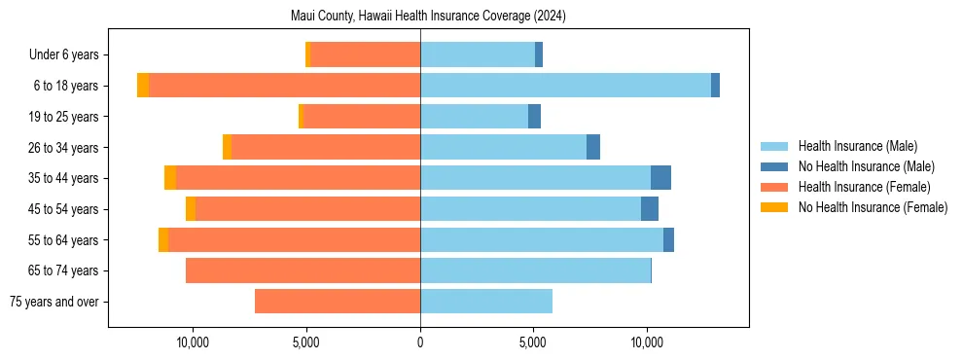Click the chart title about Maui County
(x=428, y=17)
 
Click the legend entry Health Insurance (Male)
(x=857, y=146)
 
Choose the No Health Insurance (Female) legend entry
(x=873, y=207)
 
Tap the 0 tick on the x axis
(x=420, y=342)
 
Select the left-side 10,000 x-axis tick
(x=193, y=342)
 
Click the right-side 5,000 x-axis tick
(x=533, y=342)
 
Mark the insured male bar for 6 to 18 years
(x=565, y=86)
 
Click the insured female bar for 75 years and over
(x=338, y=302)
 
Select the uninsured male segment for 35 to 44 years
(x=660, y=178)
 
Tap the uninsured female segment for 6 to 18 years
(x=143, y=86)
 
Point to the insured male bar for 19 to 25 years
(x=474, y=117)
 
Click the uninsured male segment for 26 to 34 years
(x=593, y=147)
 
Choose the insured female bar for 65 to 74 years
(x=303, y=270)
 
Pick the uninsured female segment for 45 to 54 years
(x=191, y=209)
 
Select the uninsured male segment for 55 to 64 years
(x=668, y=240)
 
